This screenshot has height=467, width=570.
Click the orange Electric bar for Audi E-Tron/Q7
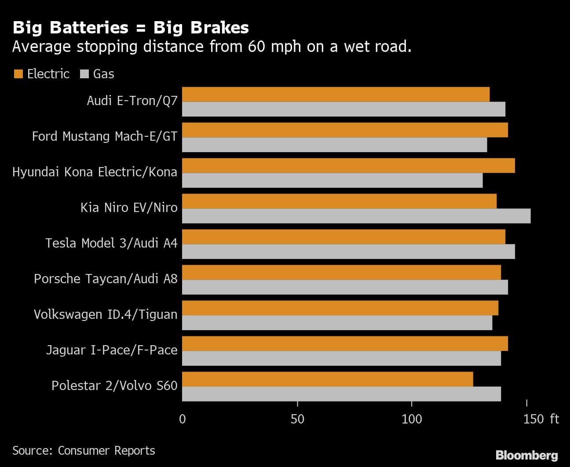coord(336,95)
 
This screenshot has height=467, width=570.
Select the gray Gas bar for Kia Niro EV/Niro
coord(356,216)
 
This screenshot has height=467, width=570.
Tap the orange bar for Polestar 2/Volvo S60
coord(327,379)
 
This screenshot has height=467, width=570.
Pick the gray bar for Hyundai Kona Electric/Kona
coord(332,180)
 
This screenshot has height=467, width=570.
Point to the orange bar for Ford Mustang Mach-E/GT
coord(345,130)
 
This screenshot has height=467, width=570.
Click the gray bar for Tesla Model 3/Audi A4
coord(348,252)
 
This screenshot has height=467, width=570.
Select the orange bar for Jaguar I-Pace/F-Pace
coord(345,343)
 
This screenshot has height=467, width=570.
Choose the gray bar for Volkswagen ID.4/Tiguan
coord(337,323)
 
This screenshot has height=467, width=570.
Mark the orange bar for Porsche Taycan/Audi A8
coord(341,272)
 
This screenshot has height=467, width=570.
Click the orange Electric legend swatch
coord(18,74)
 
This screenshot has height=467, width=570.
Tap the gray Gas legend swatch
coord(84,74)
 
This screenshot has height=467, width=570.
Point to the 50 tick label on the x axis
coord(297,419)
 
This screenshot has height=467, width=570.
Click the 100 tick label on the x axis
coord(412,419)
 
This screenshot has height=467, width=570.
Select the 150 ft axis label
coord(541,419)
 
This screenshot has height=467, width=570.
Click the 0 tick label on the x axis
coord(183,419)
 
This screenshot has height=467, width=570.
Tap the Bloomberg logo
coord(526,455)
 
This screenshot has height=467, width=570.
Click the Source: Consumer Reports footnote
coord(84,451)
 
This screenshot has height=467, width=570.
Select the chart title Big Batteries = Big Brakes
coord(131,28)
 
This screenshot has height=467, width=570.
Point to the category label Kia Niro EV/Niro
coord(129,208)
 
